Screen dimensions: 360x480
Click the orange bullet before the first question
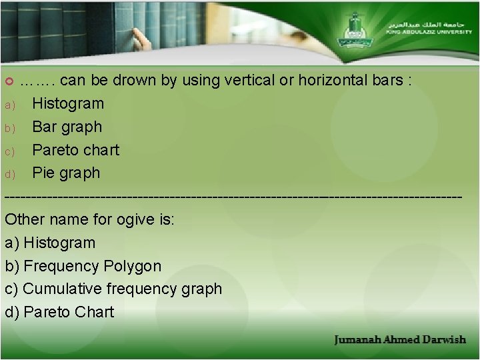click(9, 81)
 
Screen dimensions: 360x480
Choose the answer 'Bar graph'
click(67, 127)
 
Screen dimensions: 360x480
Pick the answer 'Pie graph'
click(66, 173)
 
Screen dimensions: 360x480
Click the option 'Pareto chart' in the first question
click(75, 150)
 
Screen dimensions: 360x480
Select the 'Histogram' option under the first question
click(68, 104)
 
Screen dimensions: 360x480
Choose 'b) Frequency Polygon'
click(83, 266)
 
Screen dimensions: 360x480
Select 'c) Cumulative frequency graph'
click(113, 289)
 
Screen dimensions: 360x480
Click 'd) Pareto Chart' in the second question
click(59, 312)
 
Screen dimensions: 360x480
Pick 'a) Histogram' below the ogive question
click(50, 243)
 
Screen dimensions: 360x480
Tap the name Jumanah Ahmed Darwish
click(400, 340)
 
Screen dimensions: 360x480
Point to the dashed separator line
click(233, 197)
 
